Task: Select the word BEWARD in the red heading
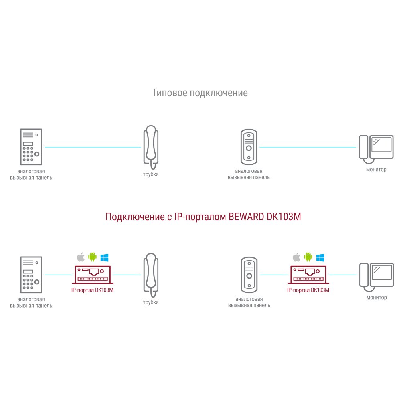tap(246, 217)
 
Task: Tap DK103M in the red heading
tap(284, 217)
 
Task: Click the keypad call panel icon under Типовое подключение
tap(31, 147)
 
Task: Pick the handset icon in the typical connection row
tap(151, 147)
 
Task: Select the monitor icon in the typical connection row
tap(376, 149)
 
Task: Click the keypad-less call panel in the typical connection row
tap(249, 147)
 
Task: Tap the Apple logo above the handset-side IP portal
tap(81, 257)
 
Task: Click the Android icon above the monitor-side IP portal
tap(308, 257)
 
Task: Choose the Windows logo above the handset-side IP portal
tap(104, 257)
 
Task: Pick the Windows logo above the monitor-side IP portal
tap(320, 257)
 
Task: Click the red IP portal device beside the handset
tap(93, 275)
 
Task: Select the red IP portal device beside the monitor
tap(308, 275)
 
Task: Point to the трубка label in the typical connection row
tap(151, 174)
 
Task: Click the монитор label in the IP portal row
tap(377, 298)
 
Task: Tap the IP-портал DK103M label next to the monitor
tap(308, 290)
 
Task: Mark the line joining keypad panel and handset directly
tap(93, 147)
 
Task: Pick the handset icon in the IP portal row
tap(151, 275)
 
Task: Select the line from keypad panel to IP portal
tap(58, 275)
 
